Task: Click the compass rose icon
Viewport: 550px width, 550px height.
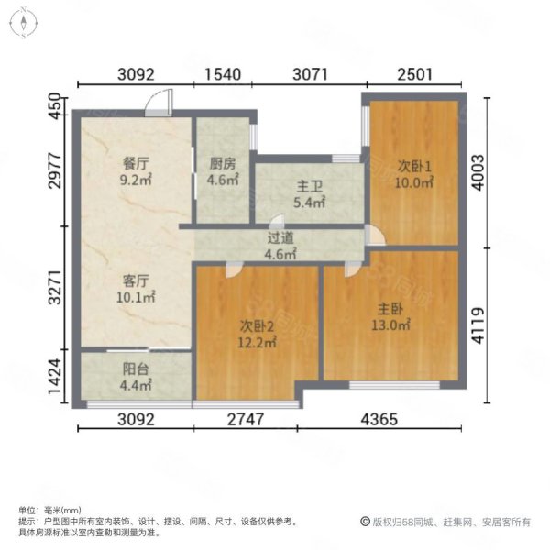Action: coord(24,23)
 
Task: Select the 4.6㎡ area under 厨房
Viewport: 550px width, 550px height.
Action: coord(223,180)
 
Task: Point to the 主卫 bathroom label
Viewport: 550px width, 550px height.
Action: coord(310,187)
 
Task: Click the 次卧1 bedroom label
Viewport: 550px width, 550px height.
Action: coord(414,166)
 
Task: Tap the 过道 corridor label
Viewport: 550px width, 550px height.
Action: coord(280,237)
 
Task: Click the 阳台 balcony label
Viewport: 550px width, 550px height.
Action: coord(136,369)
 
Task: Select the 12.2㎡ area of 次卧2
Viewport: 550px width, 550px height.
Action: coord(257,342)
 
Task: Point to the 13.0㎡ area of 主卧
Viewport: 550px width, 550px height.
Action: coord(390,324)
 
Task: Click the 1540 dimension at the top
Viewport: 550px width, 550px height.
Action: coord(223,74)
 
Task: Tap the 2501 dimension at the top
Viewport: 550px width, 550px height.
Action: coord(414,74)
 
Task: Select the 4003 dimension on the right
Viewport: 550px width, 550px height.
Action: coord(478,172)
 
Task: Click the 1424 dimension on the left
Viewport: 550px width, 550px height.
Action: coord(55,376)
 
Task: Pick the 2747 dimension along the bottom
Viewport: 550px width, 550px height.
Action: coord(246,419)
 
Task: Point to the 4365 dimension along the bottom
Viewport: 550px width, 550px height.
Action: coord(379,419)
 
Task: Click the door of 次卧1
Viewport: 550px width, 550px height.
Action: coord(375,235)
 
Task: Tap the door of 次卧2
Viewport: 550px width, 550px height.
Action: coord(234,269)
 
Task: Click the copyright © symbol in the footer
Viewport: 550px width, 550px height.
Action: coord(365,522)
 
